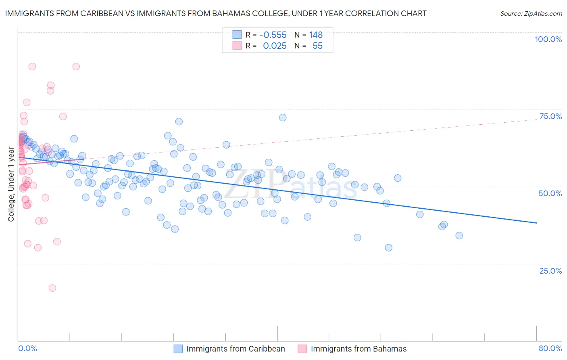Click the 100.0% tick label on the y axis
[x=548, y=39]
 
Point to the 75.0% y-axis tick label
[x=550, y=116]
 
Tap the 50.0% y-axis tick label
[x=550, y=193]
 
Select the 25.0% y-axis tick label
[x=550, y=270]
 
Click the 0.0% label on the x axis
[x=27, y=348]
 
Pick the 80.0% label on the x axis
[x=550, y=348]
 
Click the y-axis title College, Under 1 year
[x=11, y=184]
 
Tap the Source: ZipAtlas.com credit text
[x=531, y=14]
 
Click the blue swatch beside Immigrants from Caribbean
[x=178, y=349]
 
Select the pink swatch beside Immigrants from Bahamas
[x=302, y=349]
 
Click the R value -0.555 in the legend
[x=273, y=35]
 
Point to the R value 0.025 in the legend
[x=275, y=46]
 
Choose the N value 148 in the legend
[x=316, y=35]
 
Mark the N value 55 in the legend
[x=317, y=46]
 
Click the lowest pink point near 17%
[x=52, y=288]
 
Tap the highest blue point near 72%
[x=283, y=117]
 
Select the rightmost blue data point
[x=459, y=235]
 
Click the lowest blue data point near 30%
[x=388, y=247]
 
